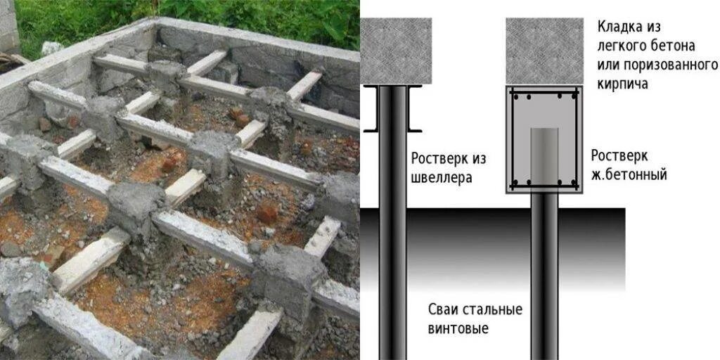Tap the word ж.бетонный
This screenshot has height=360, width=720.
click(x=629, y=174)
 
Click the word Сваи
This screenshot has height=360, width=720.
click(x=446, y=309)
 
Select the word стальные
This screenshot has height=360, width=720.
click(x=496, y=309)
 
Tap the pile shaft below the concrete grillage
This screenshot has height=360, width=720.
click(x=544, y=274)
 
